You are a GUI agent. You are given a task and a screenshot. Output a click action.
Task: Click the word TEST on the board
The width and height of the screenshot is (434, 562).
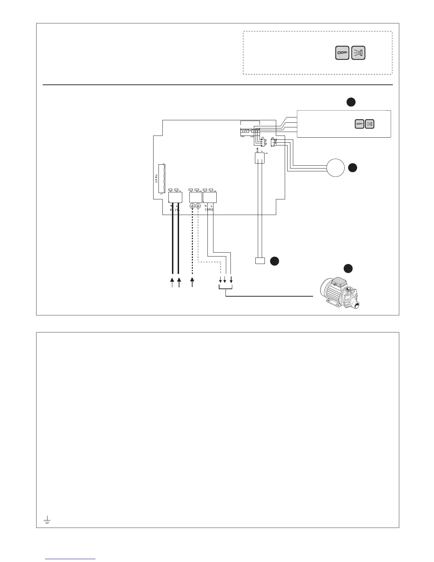[156, 178]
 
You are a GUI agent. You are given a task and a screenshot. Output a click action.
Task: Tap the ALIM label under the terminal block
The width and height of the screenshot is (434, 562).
[175, 210]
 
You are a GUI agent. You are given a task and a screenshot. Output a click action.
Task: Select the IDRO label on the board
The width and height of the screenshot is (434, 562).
[209, 210]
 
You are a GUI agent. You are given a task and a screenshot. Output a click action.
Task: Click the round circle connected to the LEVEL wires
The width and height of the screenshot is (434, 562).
[335, 168]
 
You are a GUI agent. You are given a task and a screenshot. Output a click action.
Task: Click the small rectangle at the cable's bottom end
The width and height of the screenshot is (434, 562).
[260, 261]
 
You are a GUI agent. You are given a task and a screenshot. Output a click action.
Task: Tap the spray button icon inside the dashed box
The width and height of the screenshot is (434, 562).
[358, 53]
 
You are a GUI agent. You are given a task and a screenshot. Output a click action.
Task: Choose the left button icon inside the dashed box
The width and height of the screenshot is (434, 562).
[342, 53]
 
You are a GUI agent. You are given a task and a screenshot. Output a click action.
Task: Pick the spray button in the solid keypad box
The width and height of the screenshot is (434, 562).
[370, 124]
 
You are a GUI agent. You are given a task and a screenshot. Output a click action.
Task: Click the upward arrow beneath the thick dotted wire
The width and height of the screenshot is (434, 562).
[193, 282]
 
